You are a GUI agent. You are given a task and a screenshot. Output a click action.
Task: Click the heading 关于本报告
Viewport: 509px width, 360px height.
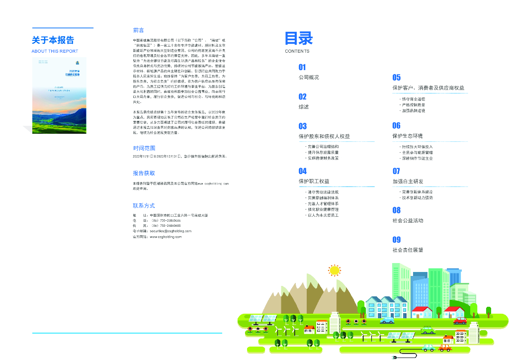(53, 40)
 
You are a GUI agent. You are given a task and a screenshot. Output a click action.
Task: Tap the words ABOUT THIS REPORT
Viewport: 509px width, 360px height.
(55, 51)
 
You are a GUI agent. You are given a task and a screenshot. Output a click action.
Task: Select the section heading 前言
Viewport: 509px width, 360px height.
(139, 30)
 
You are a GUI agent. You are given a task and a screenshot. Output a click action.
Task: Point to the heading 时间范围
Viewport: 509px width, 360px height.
(144, 148)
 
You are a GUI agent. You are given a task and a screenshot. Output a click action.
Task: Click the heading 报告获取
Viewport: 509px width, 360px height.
(144, 174)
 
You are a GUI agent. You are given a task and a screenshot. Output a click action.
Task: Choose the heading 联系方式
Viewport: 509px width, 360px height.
(144, 205)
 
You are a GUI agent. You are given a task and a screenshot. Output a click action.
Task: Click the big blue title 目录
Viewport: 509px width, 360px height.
(299, 39)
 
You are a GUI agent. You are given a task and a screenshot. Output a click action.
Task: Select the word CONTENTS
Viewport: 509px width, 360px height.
(297, 51)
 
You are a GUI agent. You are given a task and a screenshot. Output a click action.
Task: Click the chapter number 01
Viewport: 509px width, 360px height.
(302, 67)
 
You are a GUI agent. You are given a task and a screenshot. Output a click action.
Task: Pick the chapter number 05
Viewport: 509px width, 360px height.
(396, 77)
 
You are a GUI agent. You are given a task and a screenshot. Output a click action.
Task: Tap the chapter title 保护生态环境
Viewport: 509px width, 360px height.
(407, 136)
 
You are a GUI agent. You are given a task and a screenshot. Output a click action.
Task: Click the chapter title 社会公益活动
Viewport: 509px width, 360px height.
(408, 220)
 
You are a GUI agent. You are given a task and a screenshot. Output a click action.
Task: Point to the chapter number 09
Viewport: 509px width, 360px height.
(396, 240)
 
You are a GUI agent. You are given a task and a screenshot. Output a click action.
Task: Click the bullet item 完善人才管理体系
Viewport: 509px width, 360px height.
(323, 204)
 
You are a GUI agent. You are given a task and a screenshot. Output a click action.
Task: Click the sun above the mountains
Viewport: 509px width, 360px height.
(335, 270)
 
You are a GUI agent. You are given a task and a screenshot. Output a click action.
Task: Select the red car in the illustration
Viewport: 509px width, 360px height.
(460, 321)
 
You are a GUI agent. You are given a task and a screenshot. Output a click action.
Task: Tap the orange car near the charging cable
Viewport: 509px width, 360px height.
(446, 348)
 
